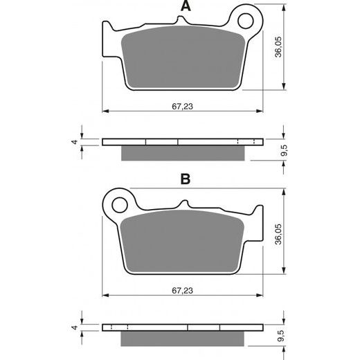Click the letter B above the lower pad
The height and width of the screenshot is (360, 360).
point(184,179)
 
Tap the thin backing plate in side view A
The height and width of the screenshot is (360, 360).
point(183,143)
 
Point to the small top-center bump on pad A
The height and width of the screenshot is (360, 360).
point(183,25)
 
